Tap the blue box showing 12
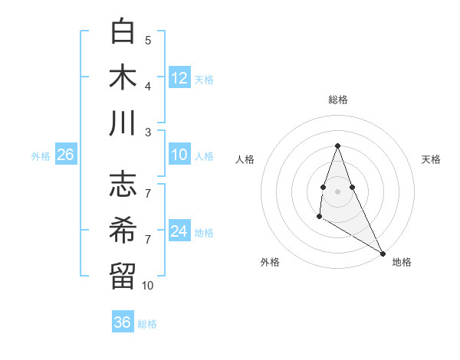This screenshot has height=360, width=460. [179, 78]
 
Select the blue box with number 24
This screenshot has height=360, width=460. [179, 231]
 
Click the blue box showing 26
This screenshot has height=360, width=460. [66, 155]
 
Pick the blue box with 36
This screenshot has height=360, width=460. [123, 322]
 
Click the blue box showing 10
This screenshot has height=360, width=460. [179, 155]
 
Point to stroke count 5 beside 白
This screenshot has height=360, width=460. [148, 41]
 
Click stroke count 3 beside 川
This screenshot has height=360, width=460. [148, 132]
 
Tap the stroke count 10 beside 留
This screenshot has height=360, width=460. [148, 286]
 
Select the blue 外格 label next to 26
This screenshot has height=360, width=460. [41, 156]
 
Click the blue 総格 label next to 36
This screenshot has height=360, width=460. [147, 324]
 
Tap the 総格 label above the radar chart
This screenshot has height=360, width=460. [337, 100]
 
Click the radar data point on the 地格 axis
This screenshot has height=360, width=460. [383, 254]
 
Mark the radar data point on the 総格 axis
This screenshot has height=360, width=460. [337, 146]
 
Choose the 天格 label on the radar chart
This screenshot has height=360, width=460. [431, 159]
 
